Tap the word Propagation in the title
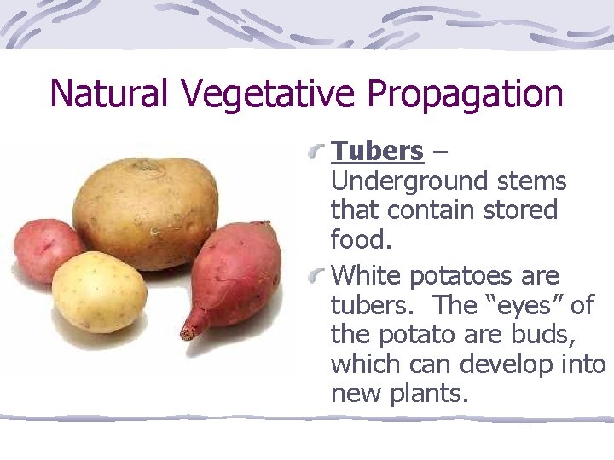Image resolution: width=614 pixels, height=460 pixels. coord(465,94)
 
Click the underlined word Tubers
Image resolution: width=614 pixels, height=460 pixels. coord(377,151)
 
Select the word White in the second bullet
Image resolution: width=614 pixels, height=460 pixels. coord(367,276)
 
